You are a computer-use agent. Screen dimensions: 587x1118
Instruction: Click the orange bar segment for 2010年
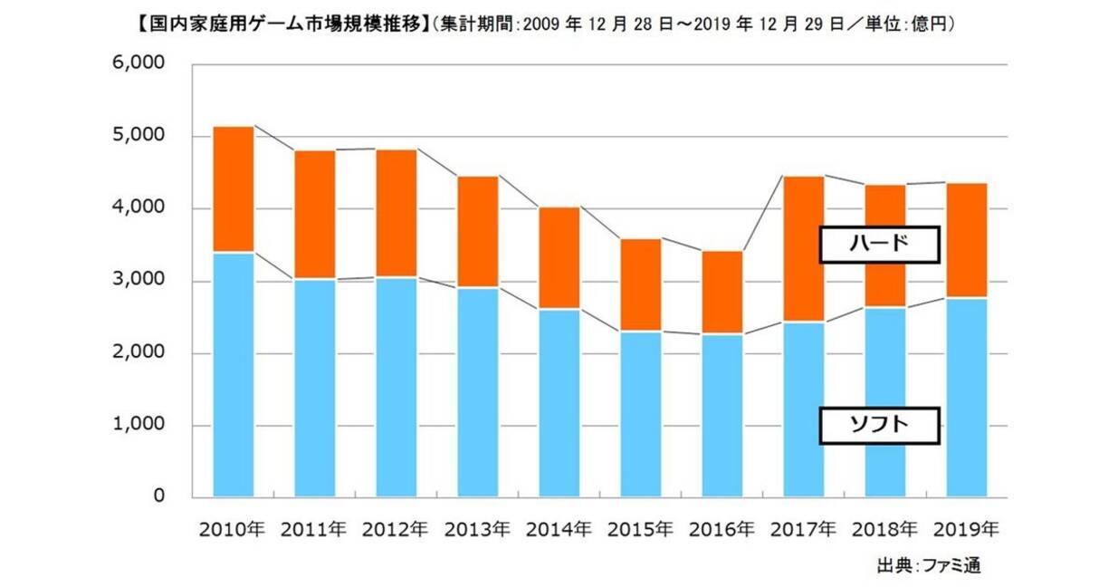[234, 189]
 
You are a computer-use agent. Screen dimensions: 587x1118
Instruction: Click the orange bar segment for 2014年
[559, 258]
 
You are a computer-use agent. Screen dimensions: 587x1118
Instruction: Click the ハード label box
[879, 245]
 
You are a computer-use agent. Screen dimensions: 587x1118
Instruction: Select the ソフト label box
[879, 425]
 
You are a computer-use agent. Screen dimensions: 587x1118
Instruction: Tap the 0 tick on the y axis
[158, 497]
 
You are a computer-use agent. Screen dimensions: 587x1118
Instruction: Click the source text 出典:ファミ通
[928, 565]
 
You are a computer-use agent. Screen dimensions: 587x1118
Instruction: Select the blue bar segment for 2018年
[885, 402]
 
